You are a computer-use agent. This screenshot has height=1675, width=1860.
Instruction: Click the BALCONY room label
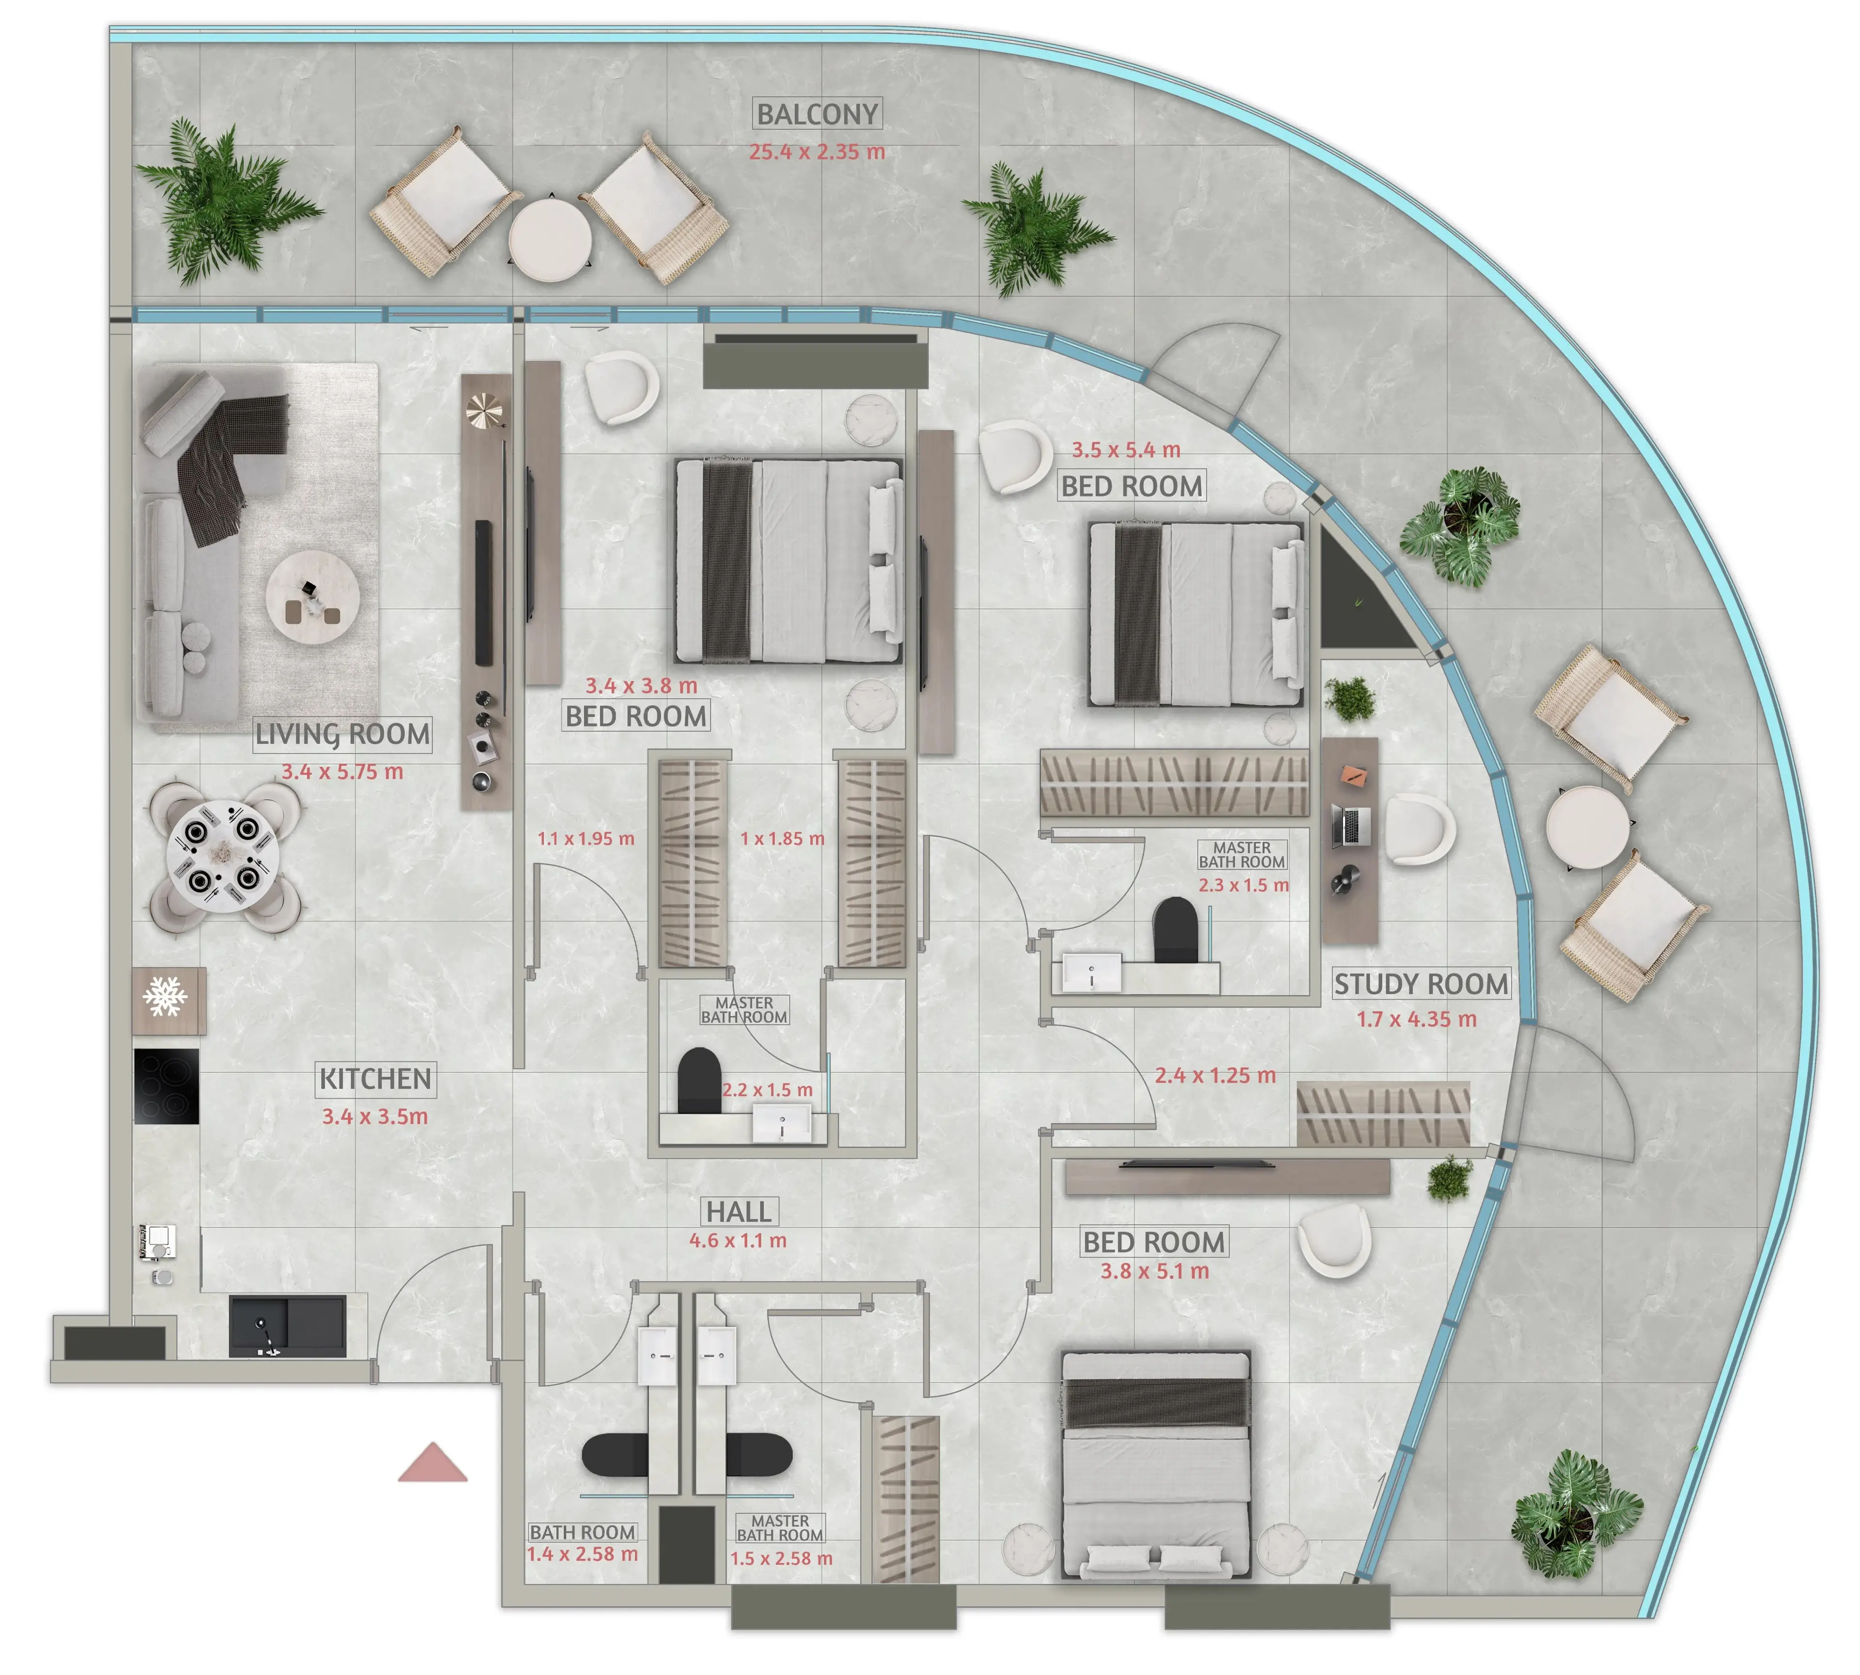pos(817,114)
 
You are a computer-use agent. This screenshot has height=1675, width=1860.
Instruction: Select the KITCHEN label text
pos(375,1078)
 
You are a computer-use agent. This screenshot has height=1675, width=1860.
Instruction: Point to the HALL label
pos(739,1211)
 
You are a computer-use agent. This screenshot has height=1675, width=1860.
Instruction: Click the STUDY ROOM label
pos(1421,984)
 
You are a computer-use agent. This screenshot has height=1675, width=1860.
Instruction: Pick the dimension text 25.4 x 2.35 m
pos(817,152)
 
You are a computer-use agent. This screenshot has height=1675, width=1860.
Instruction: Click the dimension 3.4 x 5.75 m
pos(342,771)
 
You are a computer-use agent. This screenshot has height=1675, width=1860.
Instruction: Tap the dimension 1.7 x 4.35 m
pos(1416,1019)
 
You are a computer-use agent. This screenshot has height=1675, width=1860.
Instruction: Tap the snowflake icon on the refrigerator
pos(166,997)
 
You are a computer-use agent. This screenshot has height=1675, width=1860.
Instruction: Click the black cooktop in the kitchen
pos(167,1086)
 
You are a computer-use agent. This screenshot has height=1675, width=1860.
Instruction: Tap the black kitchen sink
pos(287,1326)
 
